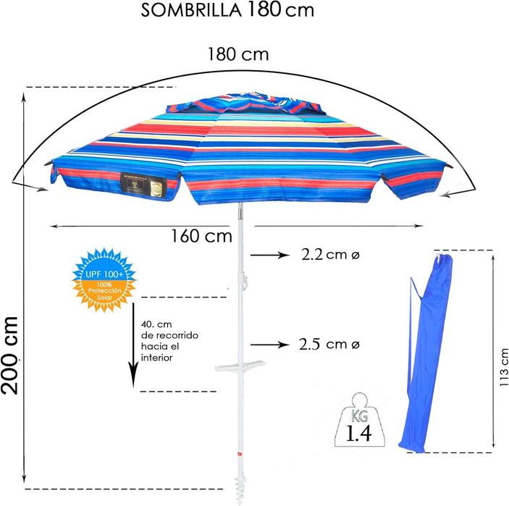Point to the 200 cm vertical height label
coord(11,355)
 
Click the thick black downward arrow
coord(134,348)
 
